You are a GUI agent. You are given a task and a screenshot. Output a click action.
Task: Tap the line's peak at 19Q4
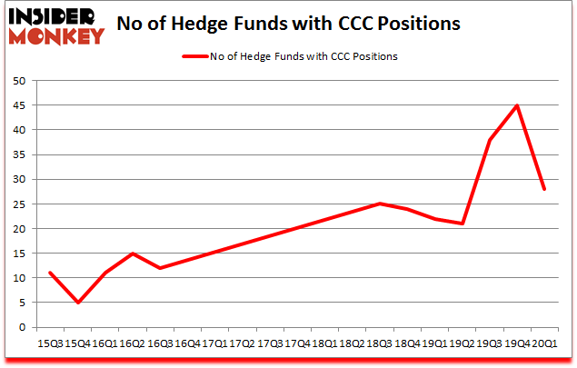click(x=517, y=105)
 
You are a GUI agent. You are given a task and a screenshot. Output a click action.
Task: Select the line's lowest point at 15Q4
click(x=78, y=303)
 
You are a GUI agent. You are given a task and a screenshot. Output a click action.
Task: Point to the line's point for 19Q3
click(x=490, y=140)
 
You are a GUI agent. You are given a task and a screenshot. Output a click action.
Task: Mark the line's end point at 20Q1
click(x=545, y=189)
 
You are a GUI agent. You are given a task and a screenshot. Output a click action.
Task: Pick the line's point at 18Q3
click(x=380, y=204)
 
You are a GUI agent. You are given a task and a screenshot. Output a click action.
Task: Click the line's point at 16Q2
click(x=133, y=254)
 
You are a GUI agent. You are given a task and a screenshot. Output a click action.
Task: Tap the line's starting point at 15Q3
click(x=51, y=273)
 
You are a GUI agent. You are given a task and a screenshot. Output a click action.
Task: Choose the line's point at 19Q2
click(x=463, y=224)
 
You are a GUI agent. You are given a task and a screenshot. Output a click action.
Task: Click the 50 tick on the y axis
click(x=18, y=81)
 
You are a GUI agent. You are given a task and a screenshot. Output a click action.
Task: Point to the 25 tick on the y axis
click(x=18, y=204)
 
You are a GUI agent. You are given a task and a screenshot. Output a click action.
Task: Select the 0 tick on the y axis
click(x=22, y=327)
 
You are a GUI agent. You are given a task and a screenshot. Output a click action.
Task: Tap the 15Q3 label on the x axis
click(x=50, y=343)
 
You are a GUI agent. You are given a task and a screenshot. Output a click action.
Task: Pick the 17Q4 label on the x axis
click(x=296, y=343)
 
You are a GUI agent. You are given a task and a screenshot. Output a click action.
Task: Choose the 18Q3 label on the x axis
click(x=379, y=343)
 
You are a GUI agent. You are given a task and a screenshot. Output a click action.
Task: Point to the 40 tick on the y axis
click(x=18, y=130)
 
